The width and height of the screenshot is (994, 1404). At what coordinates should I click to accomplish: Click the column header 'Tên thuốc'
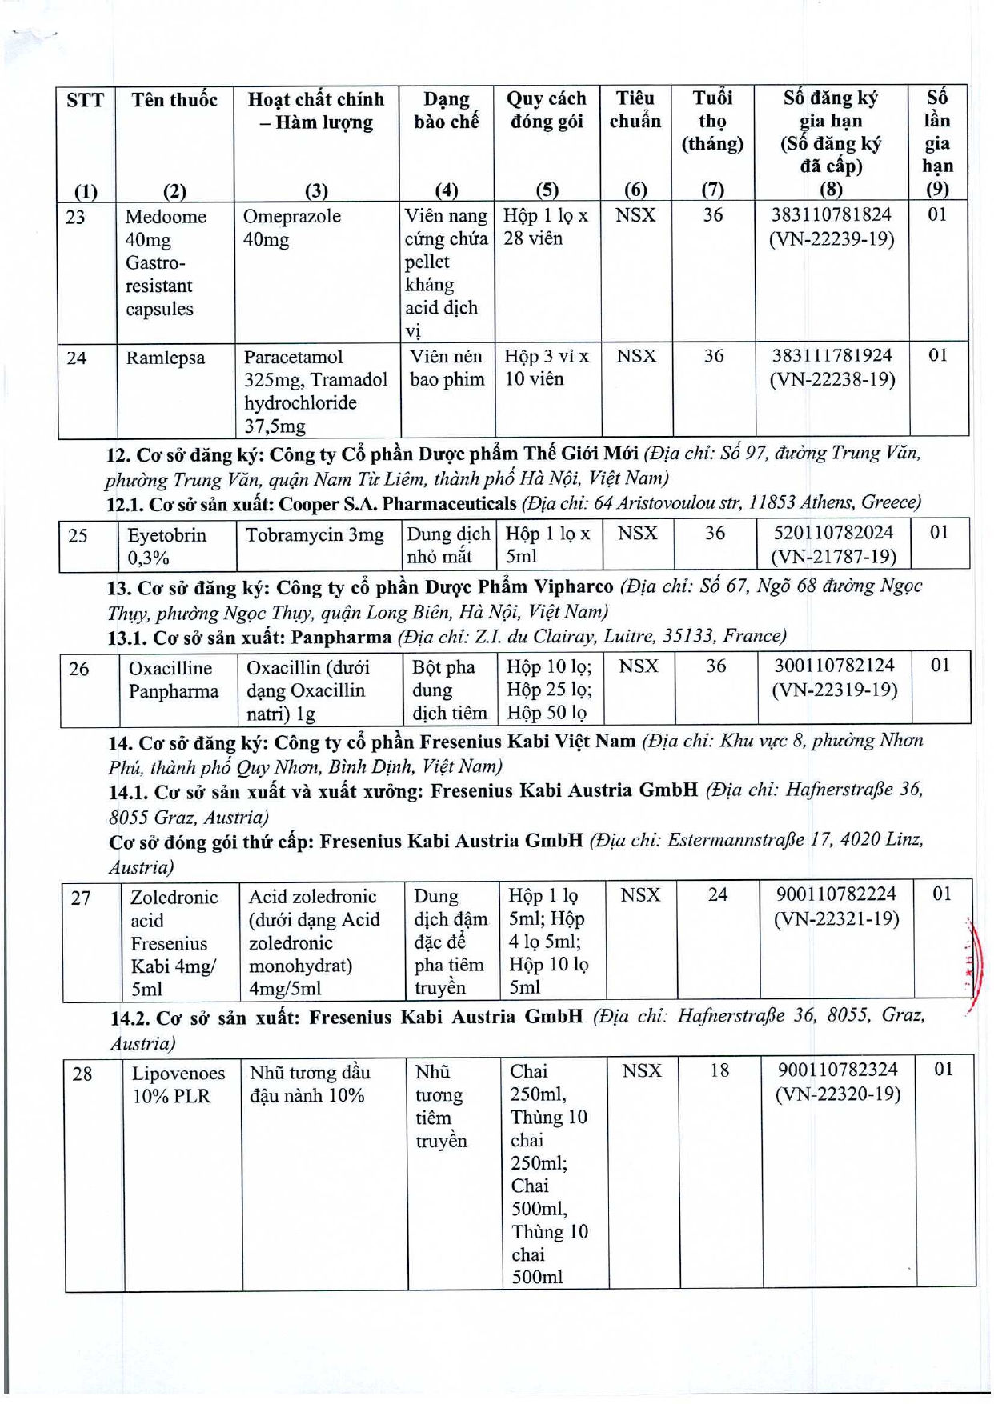(x=174, y=100)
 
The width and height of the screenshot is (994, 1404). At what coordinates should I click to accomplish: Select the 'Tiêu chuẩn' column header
(x=635, y=110)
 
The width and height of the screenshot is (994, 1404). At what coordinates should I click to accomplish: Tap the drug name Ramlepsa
(x=166, y=358)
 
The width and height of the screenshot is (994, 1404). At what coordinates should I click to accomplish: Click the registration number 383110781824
(x=831, y=215)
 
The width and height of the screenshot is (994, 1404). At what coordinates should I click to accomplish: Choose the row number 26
(x=79, y=669)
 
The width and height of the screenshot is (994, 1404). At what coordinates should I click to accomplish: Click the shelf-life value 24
(x=718, y=894)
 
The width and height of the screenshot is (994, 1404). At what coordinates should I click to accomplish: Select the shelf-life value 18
(x=719, y=1070)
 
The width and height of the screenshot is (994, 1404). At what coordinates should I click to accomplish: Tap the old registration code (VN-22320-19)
(x=838, y=1094)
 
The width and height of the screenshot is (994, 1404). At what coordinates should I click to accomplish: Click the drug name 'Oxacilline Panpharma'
(x=173, y=680)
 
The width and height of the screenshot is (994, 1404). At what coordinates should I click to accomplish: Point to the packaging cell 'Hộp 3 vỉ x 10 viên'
(x=547, y=368)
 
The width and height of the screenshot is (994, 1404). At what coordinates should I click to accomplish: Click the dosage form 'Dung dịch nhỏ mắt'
(x=447, y=546)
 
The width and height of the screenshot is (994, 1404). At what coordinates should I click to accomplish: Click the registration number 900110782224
(x=836, y=894)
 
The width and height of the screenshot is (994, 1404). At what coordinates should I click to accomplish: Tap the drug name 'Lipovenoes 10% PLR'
(x=178, y=1085)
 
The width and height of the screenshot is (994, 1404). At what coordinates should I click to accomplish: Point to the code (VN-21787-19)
(x=833, y=556)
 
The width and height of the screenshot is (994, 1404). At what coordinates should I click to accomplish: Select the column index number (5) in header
(x=547, y=190)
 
